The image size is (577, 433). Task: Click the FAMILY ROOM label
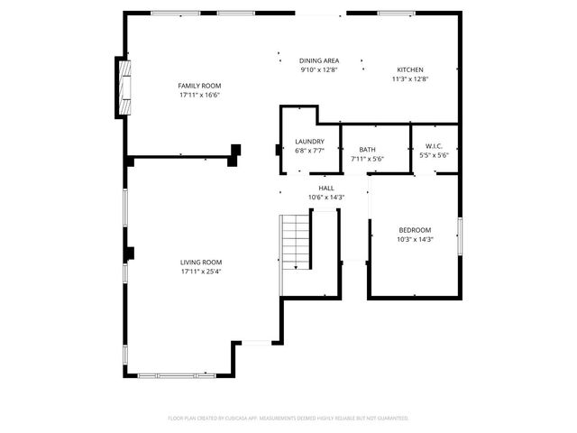coord(199,85)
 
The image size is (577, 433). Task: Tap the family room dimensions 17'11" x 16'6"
coord(199,94)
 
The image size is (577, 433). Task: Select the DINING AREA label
coord(319,60)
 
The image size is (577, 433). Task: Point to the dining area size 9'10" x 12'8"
coord(319,69)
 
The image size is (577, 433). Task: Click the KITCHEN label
coord(410,69)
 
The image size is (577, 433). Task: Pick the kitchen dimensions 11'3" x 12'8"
coord(410,79)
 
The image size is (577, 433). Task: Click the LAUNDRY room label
coord(309,142)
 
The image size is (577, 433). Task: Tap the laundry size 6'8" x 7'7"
coord(309,151)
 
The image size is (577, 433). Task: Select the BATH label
coord(367,150)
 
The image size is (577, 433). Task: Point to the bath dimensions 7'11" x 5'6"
coord(367,159)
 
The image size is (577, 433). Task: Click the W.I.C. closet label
coord(434,146)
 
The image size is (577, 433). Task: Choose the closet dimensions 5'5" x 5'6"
coord(434,155)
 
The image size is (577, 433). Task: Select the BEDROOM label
coord(415,230)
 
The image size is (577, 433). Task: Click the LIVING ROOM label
coord(200,262)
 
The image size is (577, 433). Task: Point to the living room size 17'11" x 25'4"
coord(200,271)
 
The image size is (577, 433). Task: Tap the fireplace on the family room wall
coord(124,88)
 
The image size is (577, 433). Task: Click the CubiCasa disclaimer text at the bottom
coord(288,418)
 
